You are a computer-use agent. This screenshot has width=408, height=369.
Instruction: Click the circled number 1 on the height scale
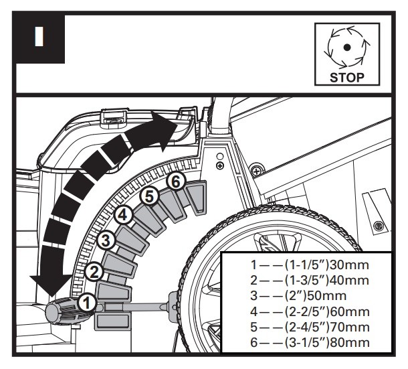87,303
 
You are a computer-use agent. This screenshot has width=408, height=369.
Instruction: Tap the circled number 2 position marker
94,272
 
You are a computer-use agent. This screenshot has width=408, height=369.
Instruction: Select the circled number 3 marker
106,240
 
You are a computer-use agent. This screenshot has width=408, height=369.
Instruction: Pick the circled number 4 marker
123,215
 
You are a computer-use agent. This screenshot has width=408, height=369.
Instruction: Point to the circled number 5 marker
149,196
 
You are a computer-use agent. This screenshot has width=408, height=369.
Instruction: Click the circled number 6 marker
176,181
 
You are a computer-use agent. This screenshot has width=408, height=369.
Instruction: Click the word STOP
347,78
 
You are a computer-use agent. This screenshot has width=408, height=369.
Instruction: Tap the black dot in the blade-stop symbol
347,47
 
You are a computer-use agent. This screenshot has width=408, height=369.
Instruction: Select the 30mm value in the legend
349,265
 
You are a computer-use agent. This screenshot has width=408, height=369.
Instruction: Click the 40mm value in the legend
349,281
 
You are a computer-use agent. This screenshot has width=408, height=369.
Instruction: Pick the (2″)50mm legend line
298,296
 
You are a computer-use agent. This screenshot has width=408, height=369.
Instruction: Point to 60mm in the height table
349,311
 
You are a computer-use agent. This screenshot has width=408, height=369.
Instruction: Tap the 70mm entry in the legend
349,327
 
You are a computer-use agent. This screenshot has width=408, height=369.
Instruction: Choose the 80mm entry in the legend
349,342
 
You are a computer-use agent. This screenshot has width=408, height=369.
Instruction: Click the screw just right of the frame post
257,171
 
